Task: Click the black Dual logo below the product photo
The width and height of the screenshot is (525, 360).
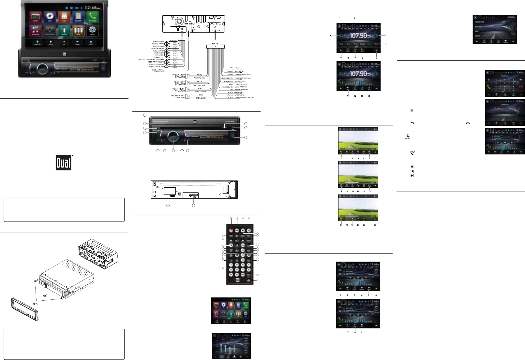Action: pyautogui.click(x=64, y=162)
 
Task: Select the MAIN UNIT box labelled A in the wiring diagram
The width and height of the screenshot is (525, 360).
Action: pyautogui.click(x=215, y=47)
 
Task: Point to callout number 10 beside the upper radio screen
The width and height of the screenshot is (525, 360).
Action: pyautogui.click(x=331, y=36)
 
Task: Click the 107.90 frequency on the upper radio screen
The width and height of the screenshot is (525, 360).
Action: pyautogui.click(x=358, y=36)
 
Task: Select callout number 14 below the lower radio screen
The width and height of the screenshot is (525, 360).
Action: pyautogui.click(x=369, y=96)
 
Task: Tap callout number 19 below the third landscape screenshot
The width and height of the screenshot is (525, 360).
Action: pyautogui.click(x=375, y=225)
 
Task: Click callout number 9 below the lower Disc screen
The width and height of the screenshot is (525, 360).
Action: pyautogui.click(x=362, y=332)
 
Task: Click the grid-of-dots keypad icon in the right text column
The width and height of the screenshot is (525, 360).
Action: pyautogui.click(x=412, y=110)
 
